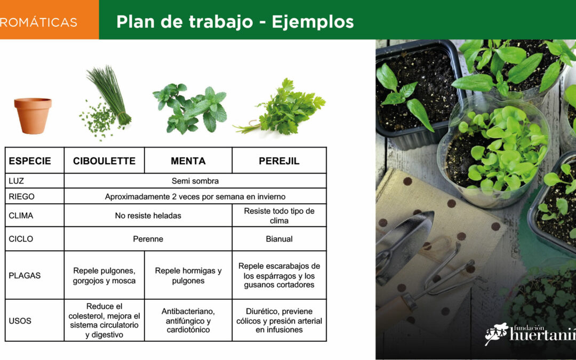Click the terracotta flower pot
click(33, 115)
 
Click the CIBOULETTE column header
click(105, 161)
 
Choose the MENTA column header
click(188, 161)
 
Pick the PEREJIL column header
click(279, 161)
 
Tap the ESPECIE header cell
click(30, 161)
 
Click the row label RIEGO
click(22, 196)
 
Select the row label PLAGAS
click(25, 276)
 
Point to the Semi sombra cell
click(195, 181)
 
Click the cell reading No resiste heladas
click(148, 215)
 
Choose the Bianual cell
click(279, 239)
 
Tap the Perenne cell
click(148, 239)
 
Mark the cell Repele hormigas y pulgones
click(188, 276)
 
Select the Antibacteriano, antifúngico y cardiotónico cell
click(188, 321)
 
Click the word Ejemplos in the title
click(313, 22)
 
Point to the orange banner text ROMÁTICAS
click(38, 22)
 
